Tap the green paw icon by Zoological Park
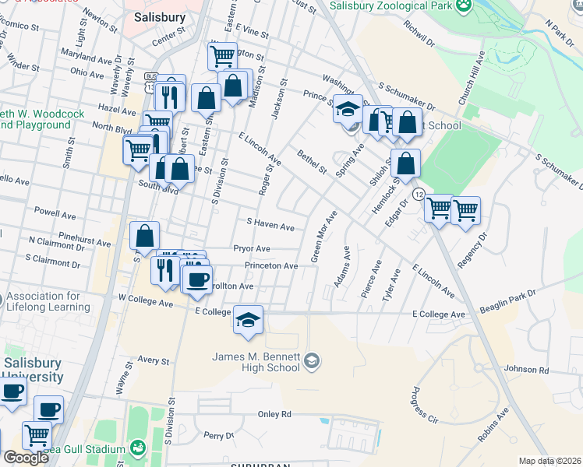(x=465, y=5)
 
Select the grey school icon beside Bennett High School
(x=312, y=360)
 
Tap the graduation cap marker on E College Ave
(x=249, y=320)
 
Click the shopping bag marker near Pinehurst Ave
(x=145, y=236)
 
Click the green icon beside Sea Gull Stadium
(x=138, y=448)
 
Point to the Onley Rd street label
(x=275, y=414)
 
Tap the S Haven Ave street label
(x=270, y=227)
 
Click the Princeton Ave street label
(x=271, y=266)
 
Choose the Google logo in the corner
(x=26, y=458)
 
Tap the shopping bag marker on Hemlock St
(x=405, y=163)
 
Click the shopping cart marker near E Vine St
(x=222, y=56)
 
